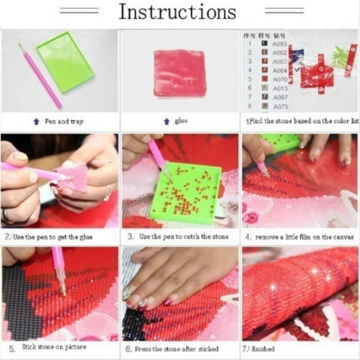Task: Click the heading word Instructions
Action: pyautogui.click(x=177, y=12)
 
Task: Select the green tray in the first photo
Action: pyautogui.click(x=65, y=61)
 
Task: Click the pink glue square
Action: pyautogui.click(x=180, y=72)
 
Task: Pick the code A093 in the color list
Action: pyautogui.click(x=279, y=44)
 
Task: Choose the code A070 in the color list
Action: pyautogui.click(x=279, y=79)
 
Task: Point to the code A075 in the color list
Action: pyautogui.click(x=279, y=107)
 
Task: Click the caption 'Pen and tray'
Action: pyautogui.click(x=63, y=121)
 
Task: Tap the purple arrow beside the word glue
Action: pyautogui.click(x=166, y=121)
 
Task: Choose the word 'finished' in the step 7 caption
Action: pyautogui.click(x=264, y=349)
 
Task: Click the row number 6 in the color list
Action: pyautogui.click(x=250, y=88)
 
